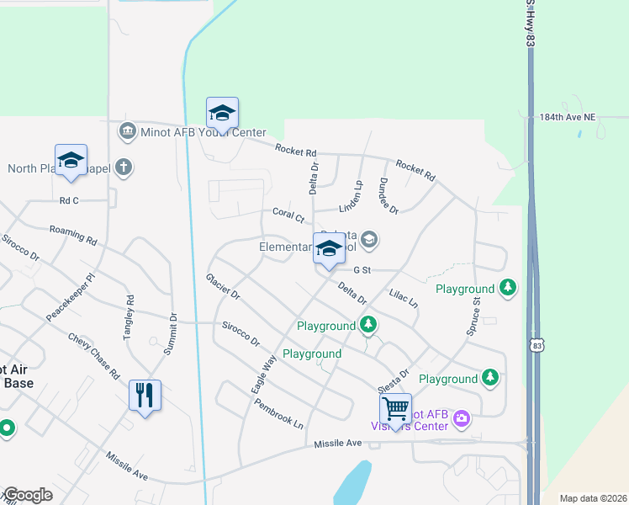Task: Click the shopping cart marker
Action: click(x=395, y=409)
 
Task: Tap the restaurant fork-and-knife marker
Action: click(x=145, y=394)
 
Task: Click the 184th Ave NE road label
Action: click(x=573, y=119)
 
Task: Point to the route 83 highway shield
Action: click(x=537, y=345)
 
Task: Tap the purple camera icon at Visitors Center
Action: click(x=461, y=417)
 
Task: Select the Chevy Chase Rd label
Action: click(x=93, y=355)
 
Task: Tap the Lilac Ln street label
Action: click(x=404, y=298)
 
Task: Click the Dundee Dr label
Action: click(x=388, y=195)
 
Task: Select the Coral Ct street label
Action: click(x=288, y=215)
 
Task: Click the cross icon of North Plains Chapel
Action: click(x=124, y=167)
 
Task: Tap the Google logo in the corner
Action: click(x=27, y=495)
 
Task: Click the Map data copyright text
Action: click(x=592, y=498)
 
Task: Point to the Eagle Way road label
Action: click(x=263, y=375)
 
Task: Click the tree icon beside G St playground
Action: click(x=507, y=288)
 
